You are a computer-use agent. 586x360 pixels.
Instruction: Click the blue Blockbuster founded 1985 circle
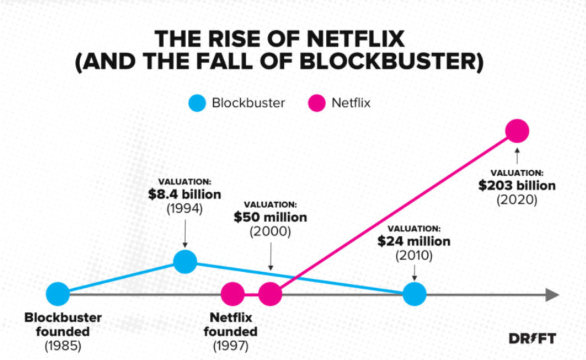(x=58, y=294)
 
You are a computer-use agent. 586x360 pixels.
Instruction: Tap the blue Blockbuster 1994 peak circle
(x=185, y=261)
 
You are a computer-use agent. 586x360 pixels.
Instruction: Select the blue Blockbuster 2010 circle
(x=414, y=294)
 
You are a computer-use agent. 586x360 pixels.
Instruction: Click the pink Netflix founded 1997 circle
(x=233, y=294)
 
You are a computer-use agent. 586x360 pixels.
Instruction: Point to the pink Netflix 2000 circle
(x=270, y=294)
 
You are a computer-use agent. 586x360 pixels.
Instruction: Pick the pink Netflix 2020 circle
(x=517, y=131)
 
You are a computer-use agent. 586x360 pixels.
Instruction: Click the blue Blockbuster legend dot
(x=197, y=103)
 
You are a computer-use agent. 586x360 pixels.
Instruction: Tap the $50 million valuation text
(x=270, y=217)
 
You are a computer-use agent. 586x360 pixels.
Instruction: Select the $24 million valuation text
(x=414, y=241)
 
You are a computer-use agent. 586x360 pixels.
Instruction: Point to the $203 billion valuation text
(x=517, y=185)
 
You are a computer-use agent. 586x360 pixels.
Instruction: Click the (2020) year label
(x=517, y=199)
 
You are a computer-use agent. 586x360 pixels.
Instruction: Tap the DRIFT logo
(x=532, y=339)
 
